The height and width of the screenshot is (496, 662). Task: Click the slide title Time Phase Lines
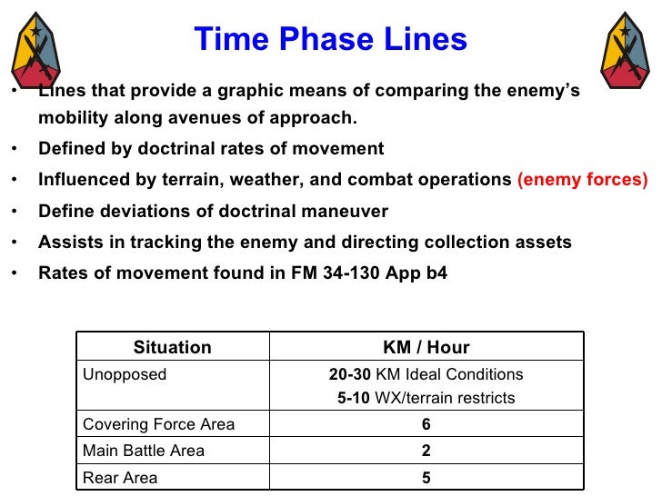330,39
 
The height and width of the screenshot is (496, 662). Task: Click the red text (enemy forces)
582,180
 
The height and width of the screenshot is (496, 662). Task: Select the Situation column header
172,347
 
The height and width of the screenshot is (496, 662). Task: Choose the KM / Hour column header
426,347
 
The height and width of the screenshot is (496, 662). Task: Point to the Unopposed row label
125,374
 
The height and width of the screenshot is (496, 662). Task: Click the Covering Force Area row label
158,424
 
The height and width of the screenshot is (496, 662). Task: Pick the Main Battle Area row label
144,451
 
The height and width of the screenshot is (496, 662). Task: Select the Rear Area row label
120,477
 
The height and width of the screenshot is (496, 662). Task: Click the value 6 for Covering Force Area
426,424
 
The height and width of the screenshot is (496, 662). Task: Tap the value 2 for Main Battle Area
426,451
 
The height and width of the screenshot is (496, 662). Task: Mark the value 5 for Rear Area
426,477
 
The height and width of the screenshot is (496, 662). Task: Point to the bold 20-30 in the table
349,374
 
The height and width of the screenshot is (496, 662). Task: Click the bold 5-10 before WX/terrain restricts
354,398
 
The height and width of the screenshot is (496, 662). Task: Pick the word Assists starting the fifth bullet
66,242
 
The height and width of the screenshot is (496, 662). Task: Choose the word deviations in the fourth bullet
134,211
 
